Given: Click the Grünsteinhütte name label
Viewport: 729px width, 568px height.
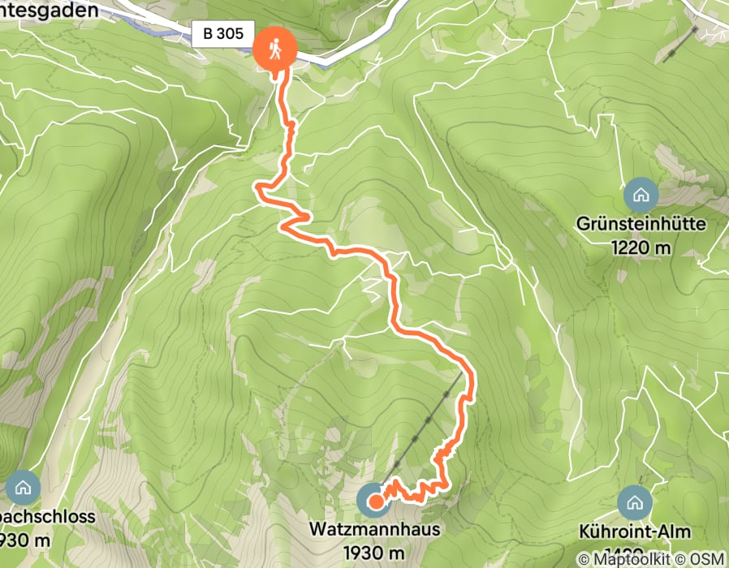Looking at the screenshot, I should click(641, 225).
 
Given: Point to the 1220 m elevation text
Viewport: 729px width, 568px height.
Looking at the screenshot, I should click(641, 247).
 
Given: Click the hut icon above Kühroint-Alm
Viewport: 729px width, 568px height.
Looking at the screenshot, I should click(634, 503).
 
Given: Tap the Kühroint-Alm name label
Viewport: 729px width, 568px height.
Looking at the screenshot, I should click(636, 532).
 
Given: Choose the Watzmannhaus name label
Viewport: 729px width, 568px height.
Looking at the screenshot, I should click(374, 530).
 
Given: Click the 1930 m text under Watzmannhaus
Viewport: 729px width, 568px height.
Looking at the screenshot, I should click(374, 552).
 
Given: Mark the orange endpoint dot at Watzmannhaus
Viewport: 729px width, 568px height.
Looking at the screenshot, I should click(376, 501).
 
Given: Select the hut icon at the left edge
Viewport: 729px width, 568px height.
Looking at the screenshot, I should click(23, 487).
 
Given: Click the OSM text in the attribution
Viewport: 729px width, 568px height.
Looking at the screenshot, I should click(707, 559).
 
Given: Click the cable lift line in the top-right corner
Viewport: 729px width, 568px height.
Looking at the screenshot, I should click(680, 45).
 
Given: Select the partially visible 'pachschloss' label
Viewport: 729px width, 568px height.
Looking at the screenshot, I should click(47, 517).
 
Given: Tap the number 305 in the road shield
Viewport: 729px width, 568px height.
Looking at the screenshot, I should click(231, 33).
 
